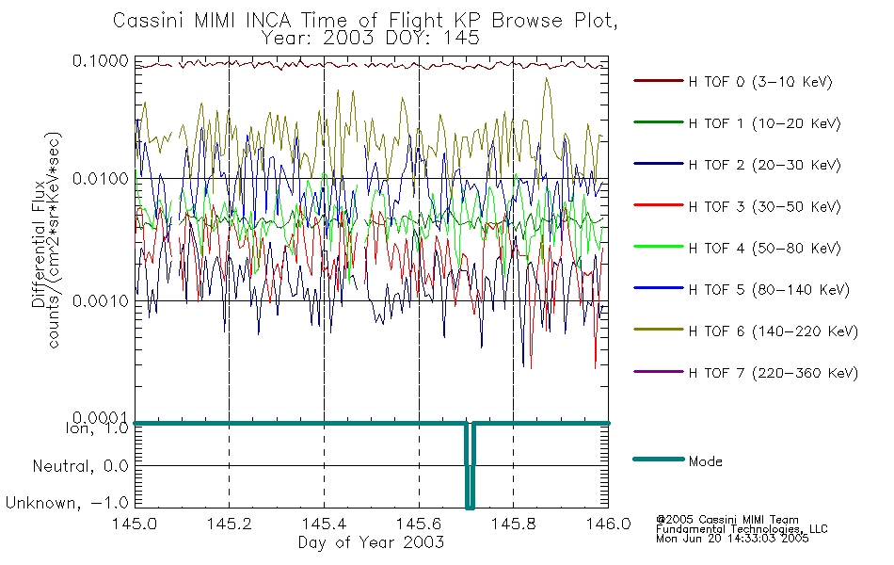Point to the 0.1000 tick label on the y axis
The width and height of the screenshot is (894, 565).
tap(101, 60)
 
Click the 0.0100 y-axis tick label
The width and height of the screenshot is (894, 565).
tap(101, 179)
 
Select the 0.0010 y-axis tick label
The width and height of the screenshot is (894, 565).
tap(101, 300)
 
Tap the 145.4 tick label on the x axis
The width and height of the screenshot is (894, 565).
tap(324, 524)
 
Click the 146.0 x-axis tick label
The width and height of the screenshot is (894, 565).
tap(608, 524)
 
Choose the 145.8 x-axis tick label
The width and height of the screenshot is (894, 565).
tap(513, 524)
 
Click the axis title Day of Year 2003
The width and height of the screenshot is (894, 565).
tap(371, 542)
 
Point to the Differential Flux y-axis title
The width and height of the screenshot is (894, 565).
tap(39, 244)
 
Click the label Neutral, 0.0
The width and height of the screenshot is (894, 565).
tap(80, 467)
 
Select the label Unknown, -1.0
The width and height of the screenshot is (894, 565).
tap(67, 503)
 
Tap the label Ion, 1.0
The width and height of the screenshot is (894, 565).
tap(98, 428)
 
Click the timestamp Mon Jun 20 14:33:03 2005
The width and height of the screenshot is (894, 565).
tap(732, 539)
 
